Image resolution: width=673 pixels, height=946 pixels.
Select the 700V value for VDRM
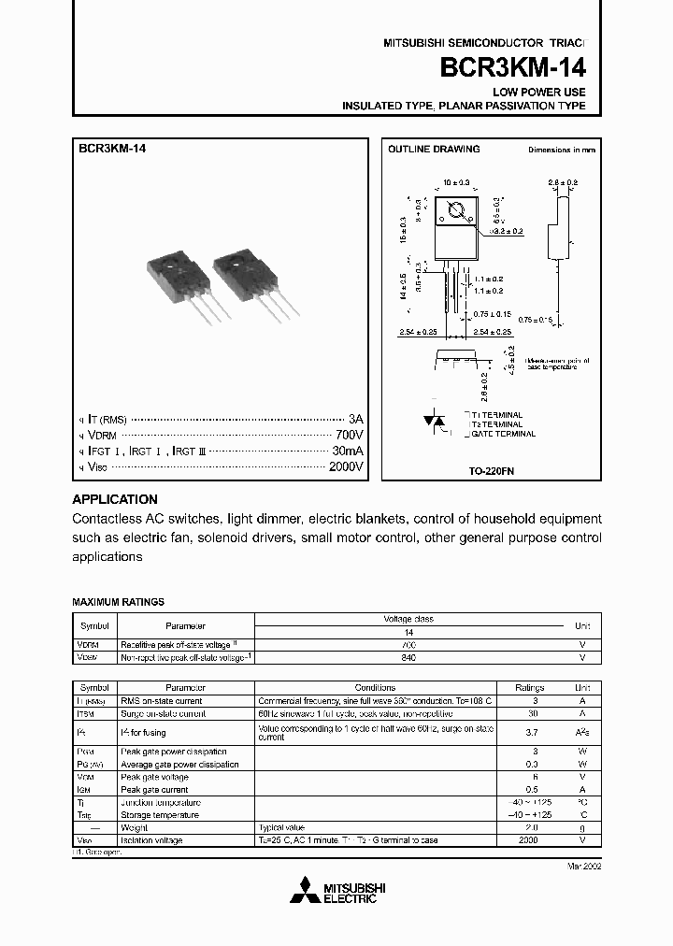point(349,435)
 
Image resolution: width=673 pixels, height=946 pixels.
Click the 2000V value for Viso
point(345,466)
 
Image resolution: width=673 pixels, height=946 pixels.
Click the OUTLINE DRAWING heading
point(434,149)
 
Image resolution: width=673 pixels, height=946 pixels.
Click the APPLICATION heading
point(115,499)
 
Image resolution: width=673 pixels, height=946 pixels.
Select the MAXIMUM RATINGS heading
point(118,603)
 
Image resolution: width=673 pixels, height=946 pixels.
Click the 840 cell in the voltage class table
point(408,657)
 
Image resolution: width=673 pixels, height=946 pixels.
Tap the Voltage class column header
point(408,619)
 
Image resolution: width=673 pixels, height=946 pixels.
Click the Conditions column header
point(375,687)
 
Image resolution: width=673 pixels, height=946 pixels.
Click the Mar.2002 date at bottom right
point(582,866)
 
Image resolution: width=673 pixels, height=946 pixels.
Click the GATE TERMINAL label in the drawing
point(504,434)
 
